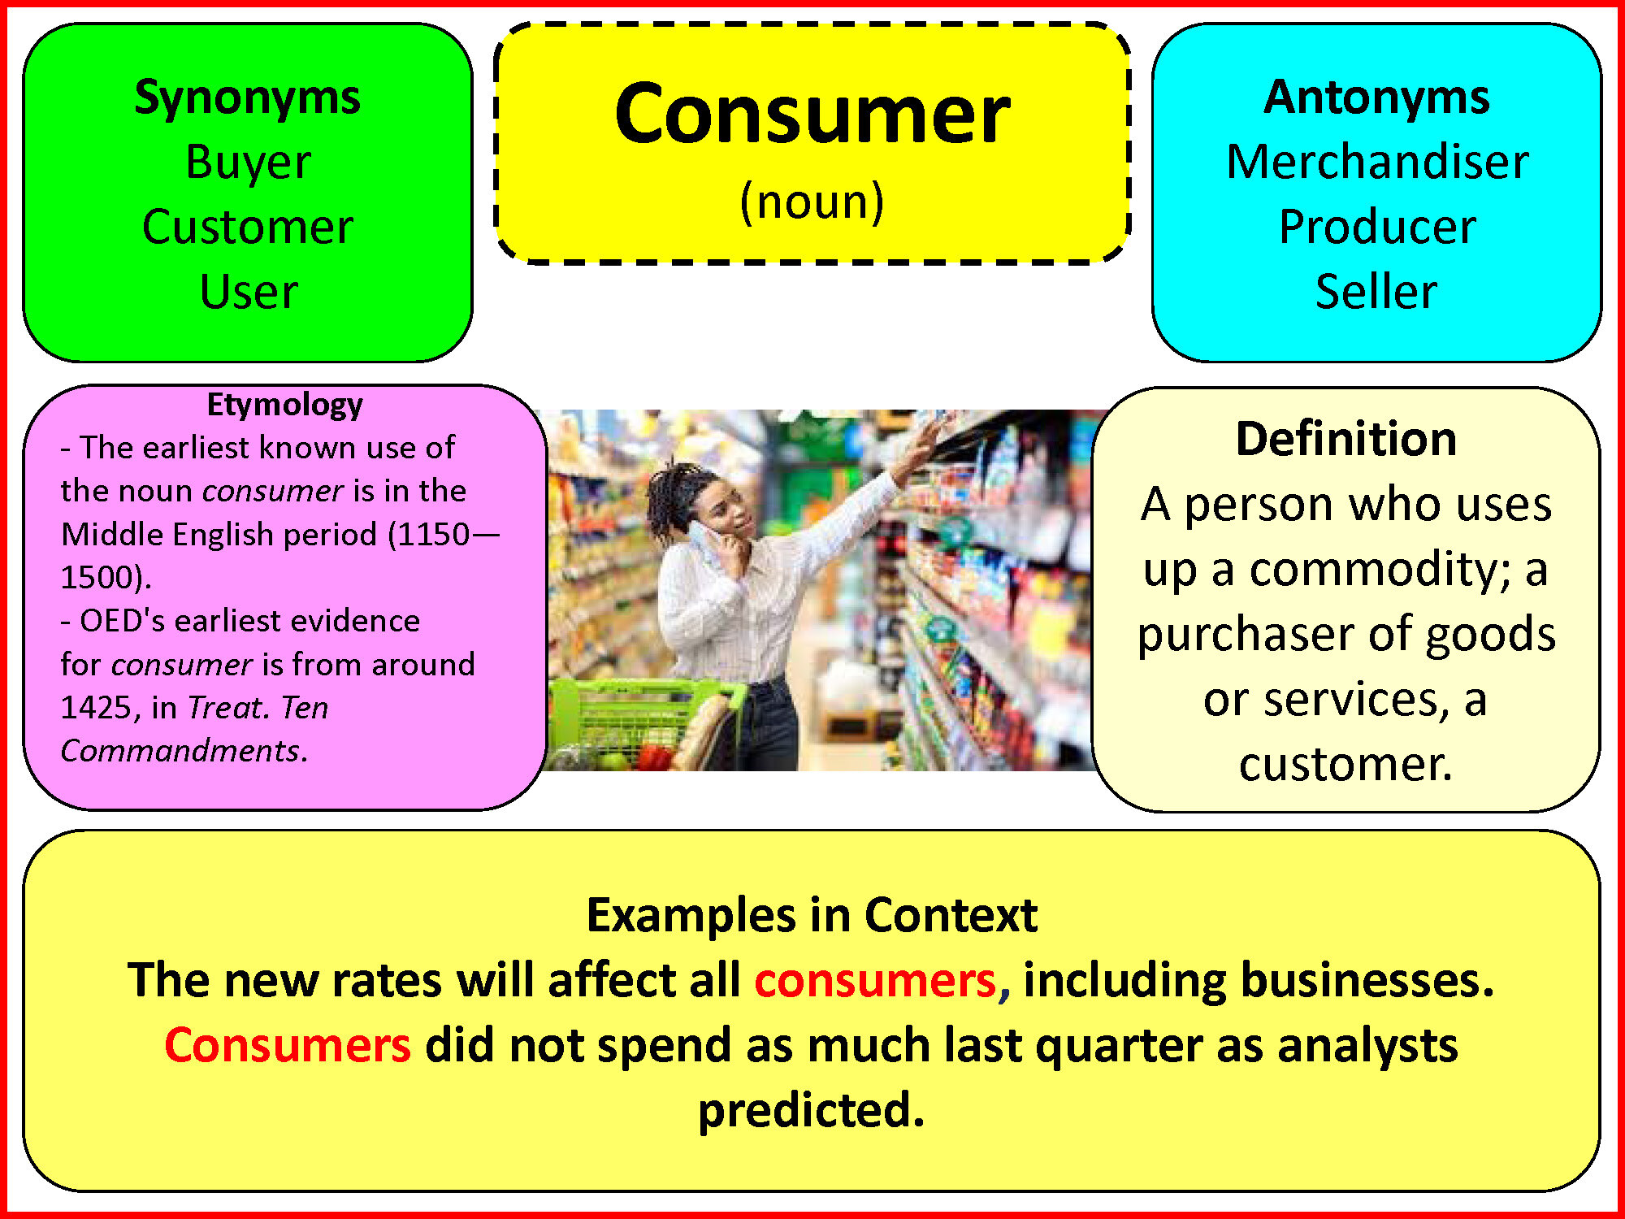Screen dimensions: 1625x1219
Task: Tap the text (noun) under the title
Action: (812, 202)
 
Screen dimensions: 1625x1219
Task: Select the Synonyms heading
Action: (248, 99)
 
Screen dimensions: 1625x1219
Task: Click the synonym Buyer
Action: (248, 163)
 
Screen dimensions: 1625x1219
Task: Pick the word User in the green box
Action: (249, 291)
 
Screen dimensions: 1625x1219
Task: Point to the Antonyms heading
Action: (1376, 98)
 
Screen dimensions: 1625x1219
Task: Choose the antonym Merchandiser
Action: (1377, 161)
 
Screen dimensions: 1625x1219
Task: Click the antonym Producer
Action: (1377, 226)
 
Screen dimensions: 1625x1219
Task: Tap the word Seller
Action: (1376, 291)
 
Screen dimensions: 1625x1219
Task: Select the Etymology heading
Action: (285, 405)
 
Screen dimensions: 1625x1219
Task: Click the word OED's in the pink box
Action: (123, 621)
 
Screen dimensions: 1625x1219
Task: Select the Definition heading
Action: (1346, 439)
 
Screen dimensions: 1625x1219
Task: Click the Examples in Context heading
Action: (812, 915)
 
